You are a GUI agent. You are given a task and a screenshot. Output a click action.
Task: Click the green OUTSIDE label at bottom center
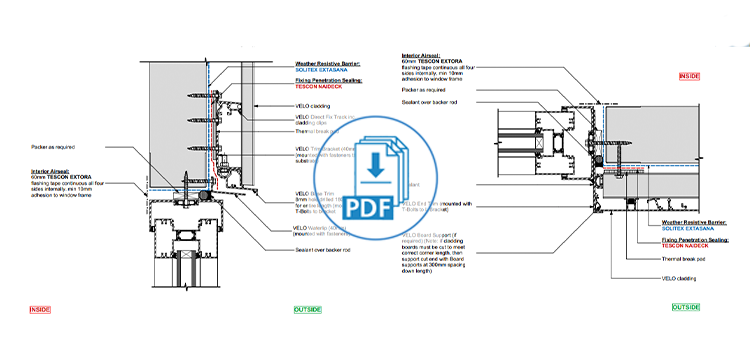(308, 310)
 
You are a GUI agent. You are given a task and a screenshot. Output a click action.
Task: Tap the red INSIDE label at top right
(690, 76)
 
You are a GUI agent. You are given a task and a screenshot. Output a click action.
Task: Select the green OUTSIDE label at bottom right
(685, 307)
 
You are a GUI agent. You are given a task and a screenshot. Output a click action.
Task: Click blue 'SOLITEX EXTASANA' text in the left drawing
(321, 71)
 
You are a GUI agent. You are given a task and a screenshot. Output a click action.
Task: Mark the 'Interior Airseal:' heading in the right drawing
(420, 57)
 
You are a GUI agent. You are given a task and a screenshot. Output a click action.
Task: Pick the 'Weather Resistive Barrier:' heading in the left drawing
(329, 63)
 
